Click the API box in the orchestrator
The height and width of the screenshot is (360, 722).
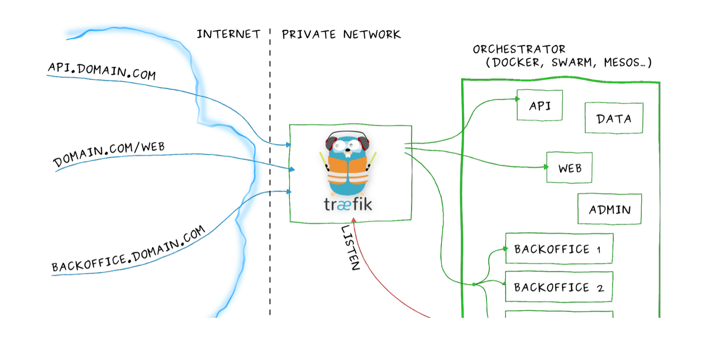pos(539,105)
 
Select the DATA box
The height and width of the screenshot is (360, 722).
pos(613,119)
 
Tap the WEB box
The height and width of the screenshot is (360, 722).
pos(569,168)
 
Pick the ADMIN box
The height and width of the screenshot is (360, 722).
pos(609,209)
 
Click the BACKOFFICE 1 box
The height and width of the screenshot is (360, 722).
pos(559,249)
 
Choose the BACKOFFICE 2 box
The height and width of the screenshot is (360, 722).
pos(559,287)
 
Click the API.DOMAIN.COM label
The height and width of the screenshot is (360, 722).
pos(102,71)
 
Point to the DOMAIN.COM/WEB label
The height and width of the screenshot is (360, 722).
pos(109,153)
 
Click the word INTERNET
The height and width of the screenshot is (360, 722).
pos(228,34)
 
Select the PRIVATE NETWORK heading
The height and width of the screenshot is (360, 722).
pos(341,35)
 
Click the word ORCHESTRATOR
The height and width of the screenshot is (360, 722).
pos(519,49)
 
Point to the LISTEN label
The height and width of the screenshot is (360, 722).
pos(351,247)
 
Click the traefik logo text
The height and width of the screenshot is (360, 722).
pos(348,205)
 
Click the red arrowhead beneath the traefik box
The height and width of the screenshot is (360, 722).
pos(353,220)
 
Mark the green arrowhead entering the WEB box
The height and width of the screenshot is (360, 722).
pos(546,167)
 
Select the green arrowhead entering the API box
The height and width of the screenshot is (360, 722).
pos(517,99)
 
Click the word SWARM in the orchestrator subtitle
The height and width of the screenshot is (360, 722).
pos(572,62)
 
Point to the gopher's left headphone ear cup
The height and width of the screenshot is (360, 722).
pos(330,143)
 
